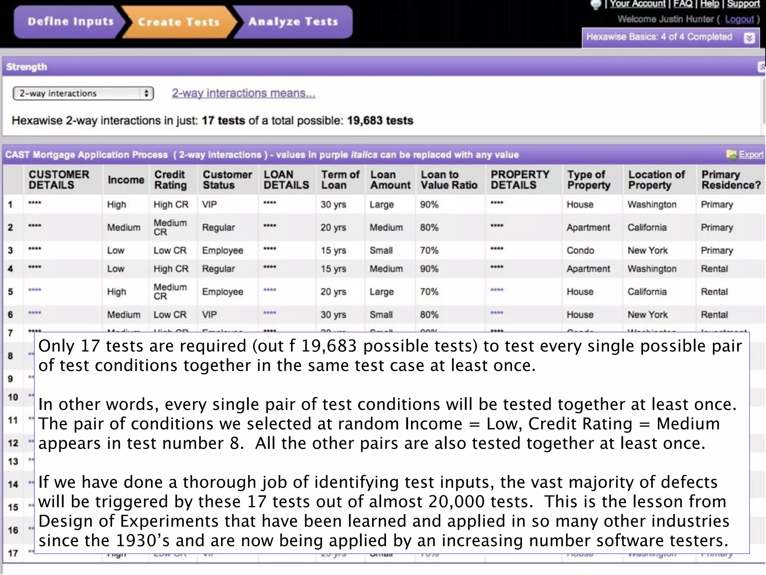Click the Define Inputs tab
tap(70, 22)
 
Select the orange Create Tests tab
tap(179, 22)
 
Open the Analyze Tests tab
tap(293, 22)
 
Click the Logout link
tap(739, 19)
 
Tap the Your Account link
tap(637, 4)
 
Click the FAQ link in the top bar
tap(683, 4)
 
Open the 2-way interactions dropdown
tap(83, 93)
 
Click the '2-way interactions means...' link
tap(243, 93)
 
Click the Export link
tap(751, 155)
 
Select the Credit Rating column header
tap(170, 180)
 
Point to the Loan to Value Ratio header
tap(449, 180)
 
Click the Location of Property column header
tap(656, 180)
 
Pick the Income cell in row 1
tap(116, 204)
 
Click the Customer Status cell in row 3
tap(223, 250)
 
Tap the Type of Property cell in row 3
tap(580, 250)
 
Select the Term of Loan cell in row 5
tap(333, 292)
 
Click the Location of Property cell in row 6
tap(647, 315)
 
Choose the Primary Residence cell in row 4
tap(714, 269)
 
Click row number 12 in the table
tap(13, 443)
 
